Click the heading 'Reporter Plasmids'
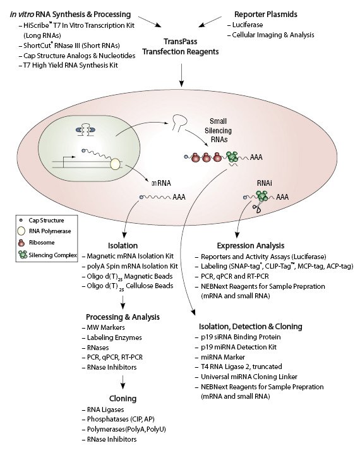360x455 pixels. coord(268,13)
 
